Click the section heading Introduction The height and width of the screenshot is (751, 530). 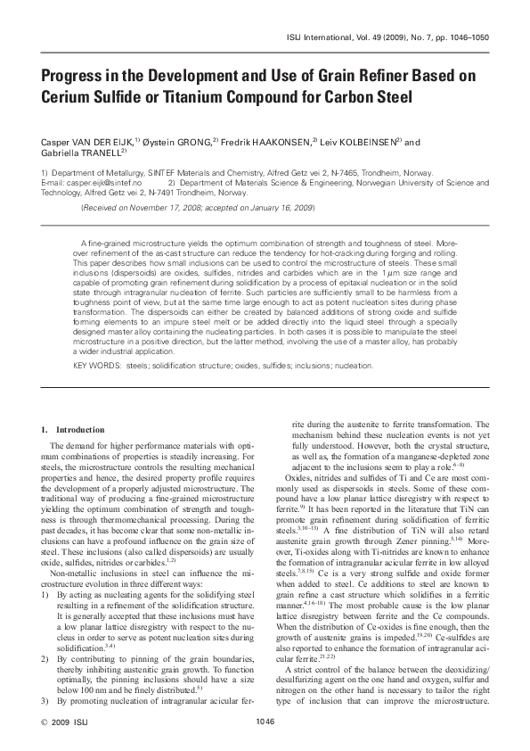point(79,431)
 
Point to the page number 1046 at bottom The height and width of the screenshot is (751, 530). point(265,721)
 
